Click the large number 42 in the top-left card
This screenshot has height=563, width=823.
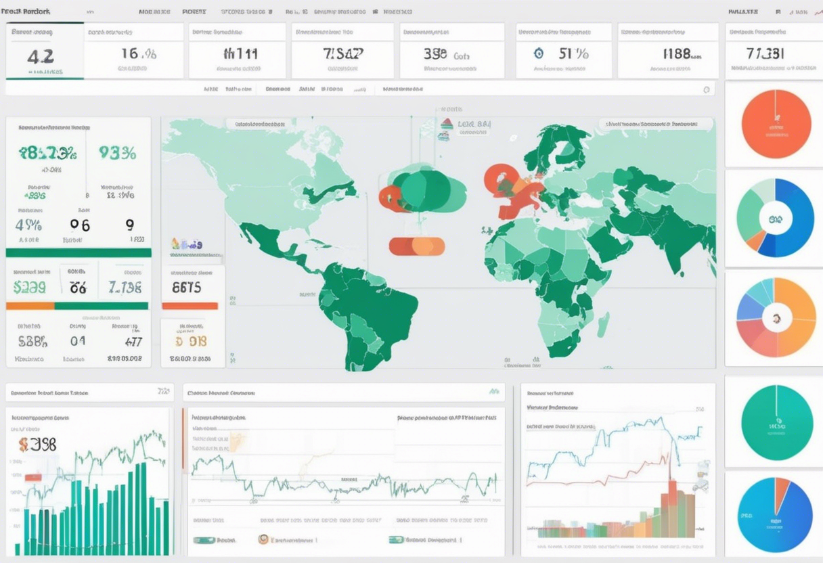pyautogui.click(x=41, y=56)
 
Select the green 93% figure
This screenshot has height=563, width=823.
pyautogui.click(x=117, y=153)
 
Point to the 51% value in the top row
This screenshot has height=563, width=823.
pyautogui.click(x=573, y=53)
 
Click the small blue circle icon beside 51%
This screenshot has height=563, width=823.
pyautogui.click(x=539, y=53)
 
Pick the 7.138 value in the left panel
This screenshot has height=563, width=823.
pyautogui.click(x=125, y=287)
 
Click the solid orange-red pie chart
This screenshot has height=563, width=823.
pyautogui.click(x=776, y=124)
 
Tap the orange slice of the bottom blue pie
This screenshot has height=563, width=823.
pyautogui.click(x=782, y=491)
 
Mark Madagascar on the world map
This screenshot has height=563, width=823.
pyautogui.click(x=602, y=325)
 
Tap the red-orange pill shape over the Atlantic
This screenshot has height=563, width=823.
pyautogui.click(x=417, y=246)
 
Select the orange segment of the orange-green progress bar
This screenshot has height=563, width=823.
pyautogui.click(x=30, y=306)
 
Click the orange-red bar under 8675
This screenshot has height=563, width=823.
pyautogui.click(x=190, y=306)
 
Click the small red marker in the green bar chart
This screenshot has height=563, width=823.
pyautogui.click(x=33, y=477)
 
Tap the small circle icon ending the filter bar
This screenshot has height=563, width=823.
pyautogui.click(x=706, y=89)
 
